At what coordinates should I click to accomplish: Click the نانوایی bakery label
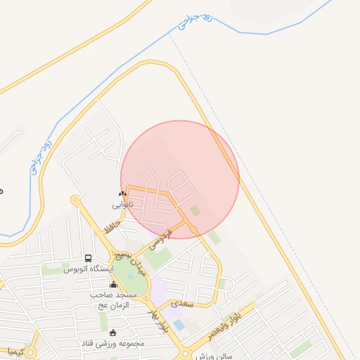click(122, 205)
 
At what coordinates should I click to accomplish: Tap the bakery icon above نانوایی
click(123, 193)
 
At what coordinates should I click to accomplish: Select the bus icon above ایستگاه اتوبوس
click(88, 258)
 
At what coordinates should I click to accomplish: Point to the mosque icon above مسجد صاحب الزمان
click(113, 284)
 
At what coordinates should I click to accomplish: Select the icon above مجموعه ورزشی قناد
click(114, 333)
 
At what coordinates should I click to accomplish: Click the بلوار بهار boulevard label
click(157, 322)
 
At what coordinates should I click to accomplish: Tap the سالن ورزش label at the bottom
click(214, 356)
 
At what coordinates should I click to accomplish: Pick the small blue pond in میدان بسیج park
click(130, 276)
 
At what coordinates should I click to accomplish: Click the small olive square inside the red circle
click(195, 210)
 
